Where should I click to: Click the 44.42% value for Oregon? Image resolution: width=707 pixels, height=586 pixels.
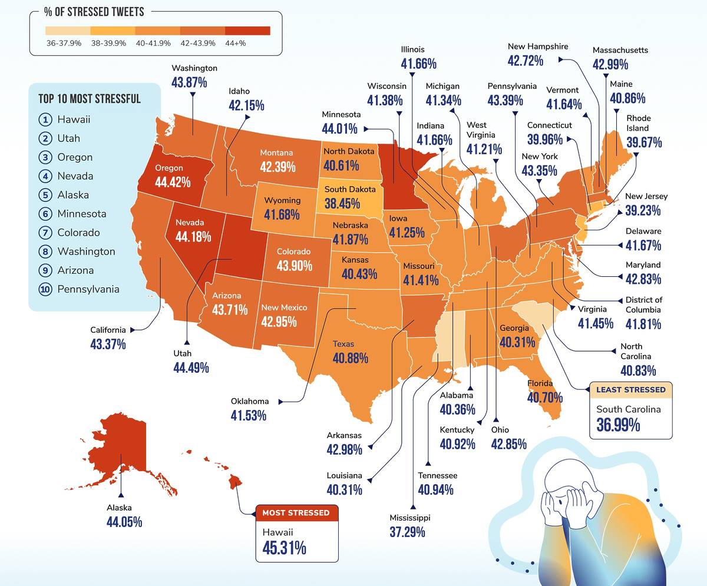click(173, 182)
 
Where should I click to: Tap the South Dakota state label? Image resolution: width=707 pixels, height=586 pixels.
click(350, 190)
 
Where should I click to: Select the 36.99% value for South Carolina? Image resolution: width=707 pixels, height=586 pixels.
click(618, 425)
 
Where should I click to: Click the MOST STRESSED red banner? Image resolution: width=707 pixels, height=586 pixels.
click(296, 512)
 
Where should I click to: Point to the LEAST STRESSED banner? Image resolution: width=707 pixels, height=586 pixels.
click(630, 389)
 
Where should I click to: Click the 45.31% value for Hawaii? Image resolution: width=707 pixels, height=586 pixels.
click(284, 548)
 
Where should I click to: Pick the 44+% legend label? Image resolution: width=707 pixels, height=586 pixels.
click(247, 44)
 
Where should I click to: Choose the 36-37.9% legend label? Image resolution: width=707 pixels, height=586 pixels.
click(64, 44)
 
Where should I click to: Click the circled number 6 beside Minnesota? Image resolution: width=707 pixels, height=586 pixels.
click(45, 214)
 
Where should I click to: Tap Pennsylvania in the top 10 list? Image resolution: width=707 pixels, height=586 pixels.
click(88, 289)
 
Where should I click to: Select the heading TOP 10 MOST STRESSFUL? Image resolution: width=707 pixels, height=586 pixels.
click(90, 98)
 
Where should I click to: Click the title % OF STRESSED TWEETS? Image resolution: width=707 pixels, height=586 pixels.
click(94, 12)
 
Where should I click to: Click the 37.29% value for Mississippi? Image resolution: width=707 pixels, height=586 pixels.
click(407, 532)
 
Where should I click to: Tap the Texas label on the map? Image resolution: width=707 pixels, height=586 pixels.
click(343, 344)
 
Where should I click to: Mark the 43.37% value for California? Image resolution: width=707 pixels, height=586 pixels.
click(108, 344)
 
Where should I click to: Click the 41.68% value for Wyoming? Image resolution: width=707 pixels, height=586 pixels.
click(282, 214)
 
